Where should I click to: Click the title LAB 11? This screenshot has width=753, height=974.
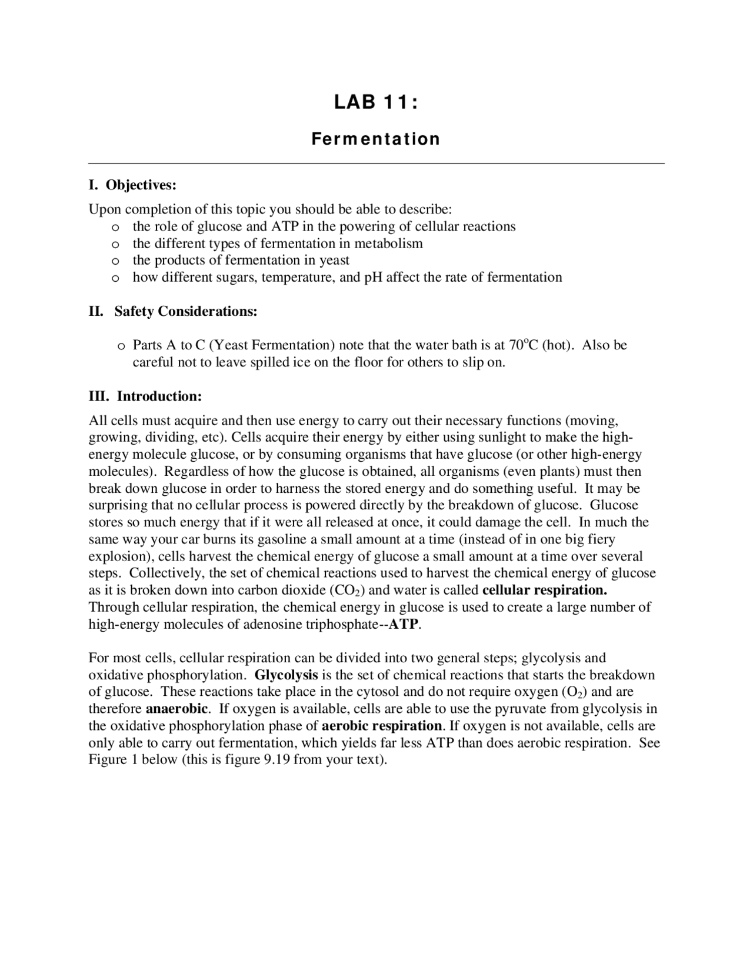click(376, 103)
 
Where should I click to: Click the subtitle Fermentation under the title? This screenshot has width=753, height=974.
click(376, 139)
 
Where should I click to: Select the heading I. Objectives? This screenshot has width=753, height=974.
click(132, 185)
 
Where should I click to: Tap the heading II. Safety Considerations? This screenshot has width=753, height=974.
click(173, 311)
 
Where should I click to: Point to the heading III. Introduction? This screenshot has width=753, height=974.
click(145, 396)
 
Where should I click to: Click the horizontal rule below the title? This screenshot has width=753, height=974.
click(376, 163)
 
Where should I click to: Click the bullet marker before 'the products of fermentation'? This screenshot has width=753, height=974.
click(116, 261)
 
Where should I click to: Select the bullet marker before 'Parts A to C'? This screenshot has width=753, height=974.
click(121, 346)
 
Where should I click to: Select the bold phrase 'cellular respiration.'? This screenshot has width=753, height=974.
click(544, 590)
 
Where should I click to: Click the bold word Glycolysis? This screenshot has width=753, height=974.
click(286, 675)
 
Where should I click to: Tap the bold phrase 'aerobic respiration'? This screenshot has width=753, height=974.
click(382, 726)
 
